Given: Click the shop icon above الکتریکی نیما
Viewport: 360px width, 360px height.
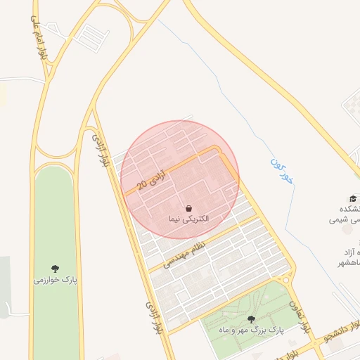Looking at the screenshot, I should coord(188,209).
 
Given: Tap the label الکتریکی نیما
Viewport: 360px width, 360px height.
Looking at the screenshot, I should coord(188,220).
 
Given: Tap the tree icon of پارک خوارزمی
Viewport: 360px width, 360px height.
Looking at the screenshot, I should coord(55,268).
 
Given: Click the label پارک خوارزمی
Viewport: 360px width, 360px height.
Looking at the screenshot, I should coord(55,280).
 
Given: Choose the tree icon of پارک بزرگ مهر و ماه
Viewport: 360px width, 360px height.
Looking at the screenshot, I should coord(251,319).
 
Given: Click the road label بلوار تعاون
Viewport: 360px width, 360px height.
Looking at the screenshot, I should coord(298,316).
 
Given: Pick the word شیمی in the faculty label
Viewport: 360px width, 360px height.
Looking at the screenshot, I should coord(335,219).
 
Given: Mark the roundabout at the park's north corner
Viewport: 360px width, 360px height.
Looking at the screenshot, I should coord(285,281).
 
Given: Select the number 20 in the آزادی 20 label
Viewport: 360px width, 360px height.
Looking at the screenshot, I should coord(143,185).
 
